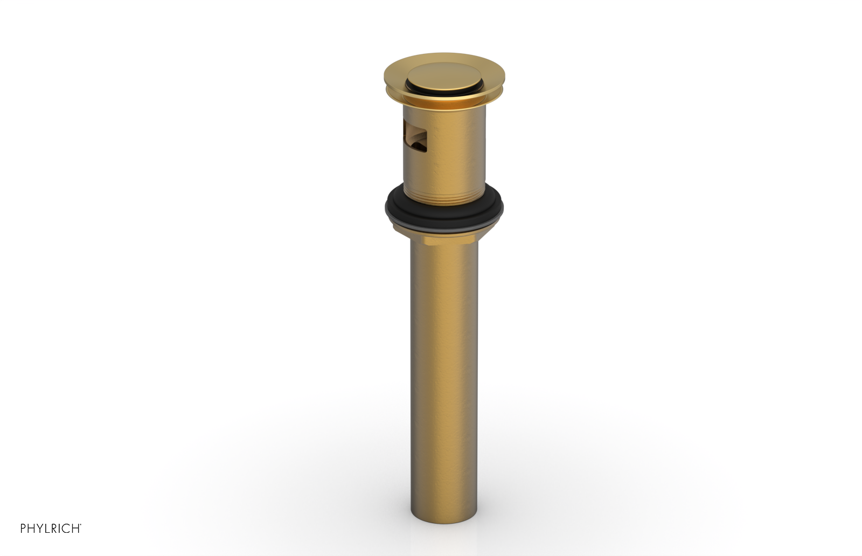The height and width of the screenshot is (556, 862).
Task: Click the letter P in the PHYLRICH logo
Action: pyautogui.click(x=23, y=529)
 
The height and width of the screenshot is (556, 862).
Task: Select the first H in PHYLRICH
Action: pyautogui.click(x=31, y=529)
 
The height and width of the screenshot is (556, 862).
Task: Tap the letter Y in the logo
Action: pyautogui.click(x=39, y=529)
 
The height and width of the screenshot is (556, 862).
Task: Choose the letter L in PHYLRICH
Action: pyautogui.click(x=46, y=529)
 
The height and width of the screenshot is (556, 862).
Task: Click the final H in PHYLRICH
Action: pyautogui.click(x=74, y=529)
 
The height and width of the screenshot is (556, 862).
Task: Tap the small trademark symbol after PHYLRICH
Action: pyautogui.click(x=80, y=525)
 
